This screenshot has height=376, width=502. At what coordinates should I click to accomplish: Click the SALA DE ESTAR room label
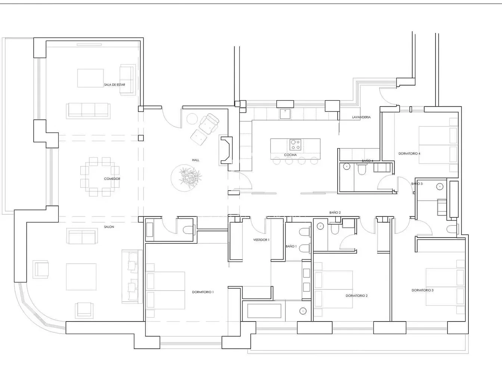pyautogui.click(x=115, y=85)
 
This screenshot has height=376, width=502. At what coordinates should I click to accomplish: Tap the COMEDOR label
pyautogui.click(x=112, y=179)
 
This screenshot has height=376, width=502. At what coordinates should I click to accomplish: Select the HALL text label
pyautogui.click(x=196, y=160)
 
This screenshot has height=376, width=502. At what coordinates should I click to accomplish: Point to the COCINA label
pyautogui.click(x=291, y=155)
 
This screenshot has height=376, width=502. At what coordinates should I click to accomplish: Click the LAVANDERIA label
pyautogui.click(x=361, y=117)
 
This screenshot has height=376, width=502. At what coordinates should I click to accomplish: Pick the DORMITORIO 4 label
pyautogui.click(x=409, y=154)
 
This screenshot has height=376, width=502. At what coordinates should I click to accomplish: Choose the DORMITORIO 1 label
pyautogui.click(x=203, y=292)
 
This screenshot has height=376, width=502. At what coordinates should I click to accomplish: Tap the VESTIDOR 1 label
pyautogui.click(x=261, y=240)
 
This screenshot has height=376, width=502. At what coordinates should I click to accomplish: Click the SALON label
pyautogui.click(x=109, y=227)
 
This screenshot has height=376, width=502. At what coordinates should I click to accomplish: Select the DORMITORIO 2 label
pyautogui.click(x=357, y=296)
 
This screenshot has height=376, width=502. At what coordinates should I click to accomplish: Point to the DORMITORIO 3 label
pyautogui.click(x=422, y=290)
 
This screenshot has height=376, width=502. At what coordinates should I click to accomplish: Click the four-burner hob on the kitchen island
pyautogui.click(x=295, y=145)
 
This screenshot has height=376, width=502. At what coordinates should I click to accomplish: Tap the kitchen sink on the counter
pyautogui.click(x=285, y=114)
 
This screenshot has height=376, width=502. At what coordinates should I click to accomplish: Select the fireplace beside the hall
pyautogui.click(x=226, y=150)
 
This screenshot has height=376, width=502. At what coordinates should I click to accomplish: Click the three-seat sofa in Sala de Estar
pyautogui.click(x=88, y=111)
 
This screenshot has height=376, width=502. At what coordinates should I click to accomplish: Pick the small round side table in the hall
pyautogui.click(x=192, y=119)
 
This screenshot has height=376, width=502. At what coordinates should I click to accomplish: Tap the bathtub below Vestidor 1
pyautogui.click(x=264, y=310)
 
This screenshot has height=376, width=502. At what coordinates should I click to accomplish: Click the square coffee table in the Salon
pyautogui.click(x=81, y=277)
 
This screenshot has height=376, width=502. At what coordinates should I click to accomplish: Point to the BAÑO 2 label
pyautogui.click(x=335, y=213)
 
